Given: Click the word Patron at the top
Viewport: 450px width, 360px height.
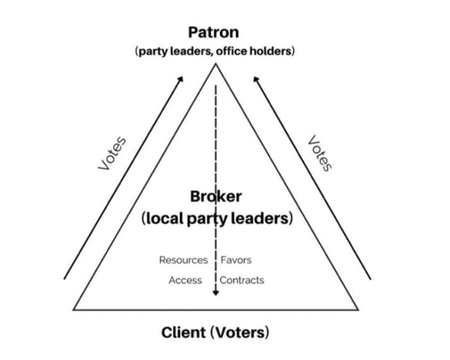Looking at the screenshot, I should click(214, 32).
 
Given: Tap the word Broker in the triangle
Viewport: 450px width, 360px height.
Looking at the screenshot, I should click(216, 197).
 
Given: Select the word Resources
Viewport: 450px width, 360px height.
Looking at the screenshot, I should click(183, 260).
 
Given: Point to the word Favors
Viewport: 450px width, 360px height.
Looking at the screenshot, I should click(236, 260).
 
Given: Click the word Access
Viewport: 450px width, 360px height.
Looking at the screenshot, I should click(185, 280).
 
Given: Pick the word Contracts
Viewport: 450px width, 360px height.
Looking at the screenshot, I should click(242, 280).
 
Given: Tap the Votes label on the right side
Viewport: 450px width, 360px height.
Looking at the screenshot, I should click(320, 153).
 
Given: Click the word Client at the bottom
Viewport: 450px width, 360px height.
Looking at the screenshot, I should click(184, 333).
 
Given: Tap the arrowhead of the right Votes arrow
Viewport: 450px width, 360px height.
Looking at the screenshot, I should click(256, 79).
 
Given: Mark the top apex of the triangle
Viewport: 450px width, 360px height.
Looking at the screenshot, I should click(216, 64).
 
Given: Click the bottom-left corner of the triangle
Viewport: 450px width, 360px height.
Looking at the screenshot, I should click(73, 309).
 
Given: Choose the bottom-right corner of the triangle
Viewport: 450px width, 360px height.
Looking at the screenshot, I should click(358, 309).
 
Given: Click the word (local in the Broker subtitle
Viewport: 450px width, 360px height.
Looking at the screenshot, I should click(162, 219).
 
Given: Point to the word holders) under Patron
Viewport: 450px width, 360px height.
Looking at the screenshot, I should click(276, 52).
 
